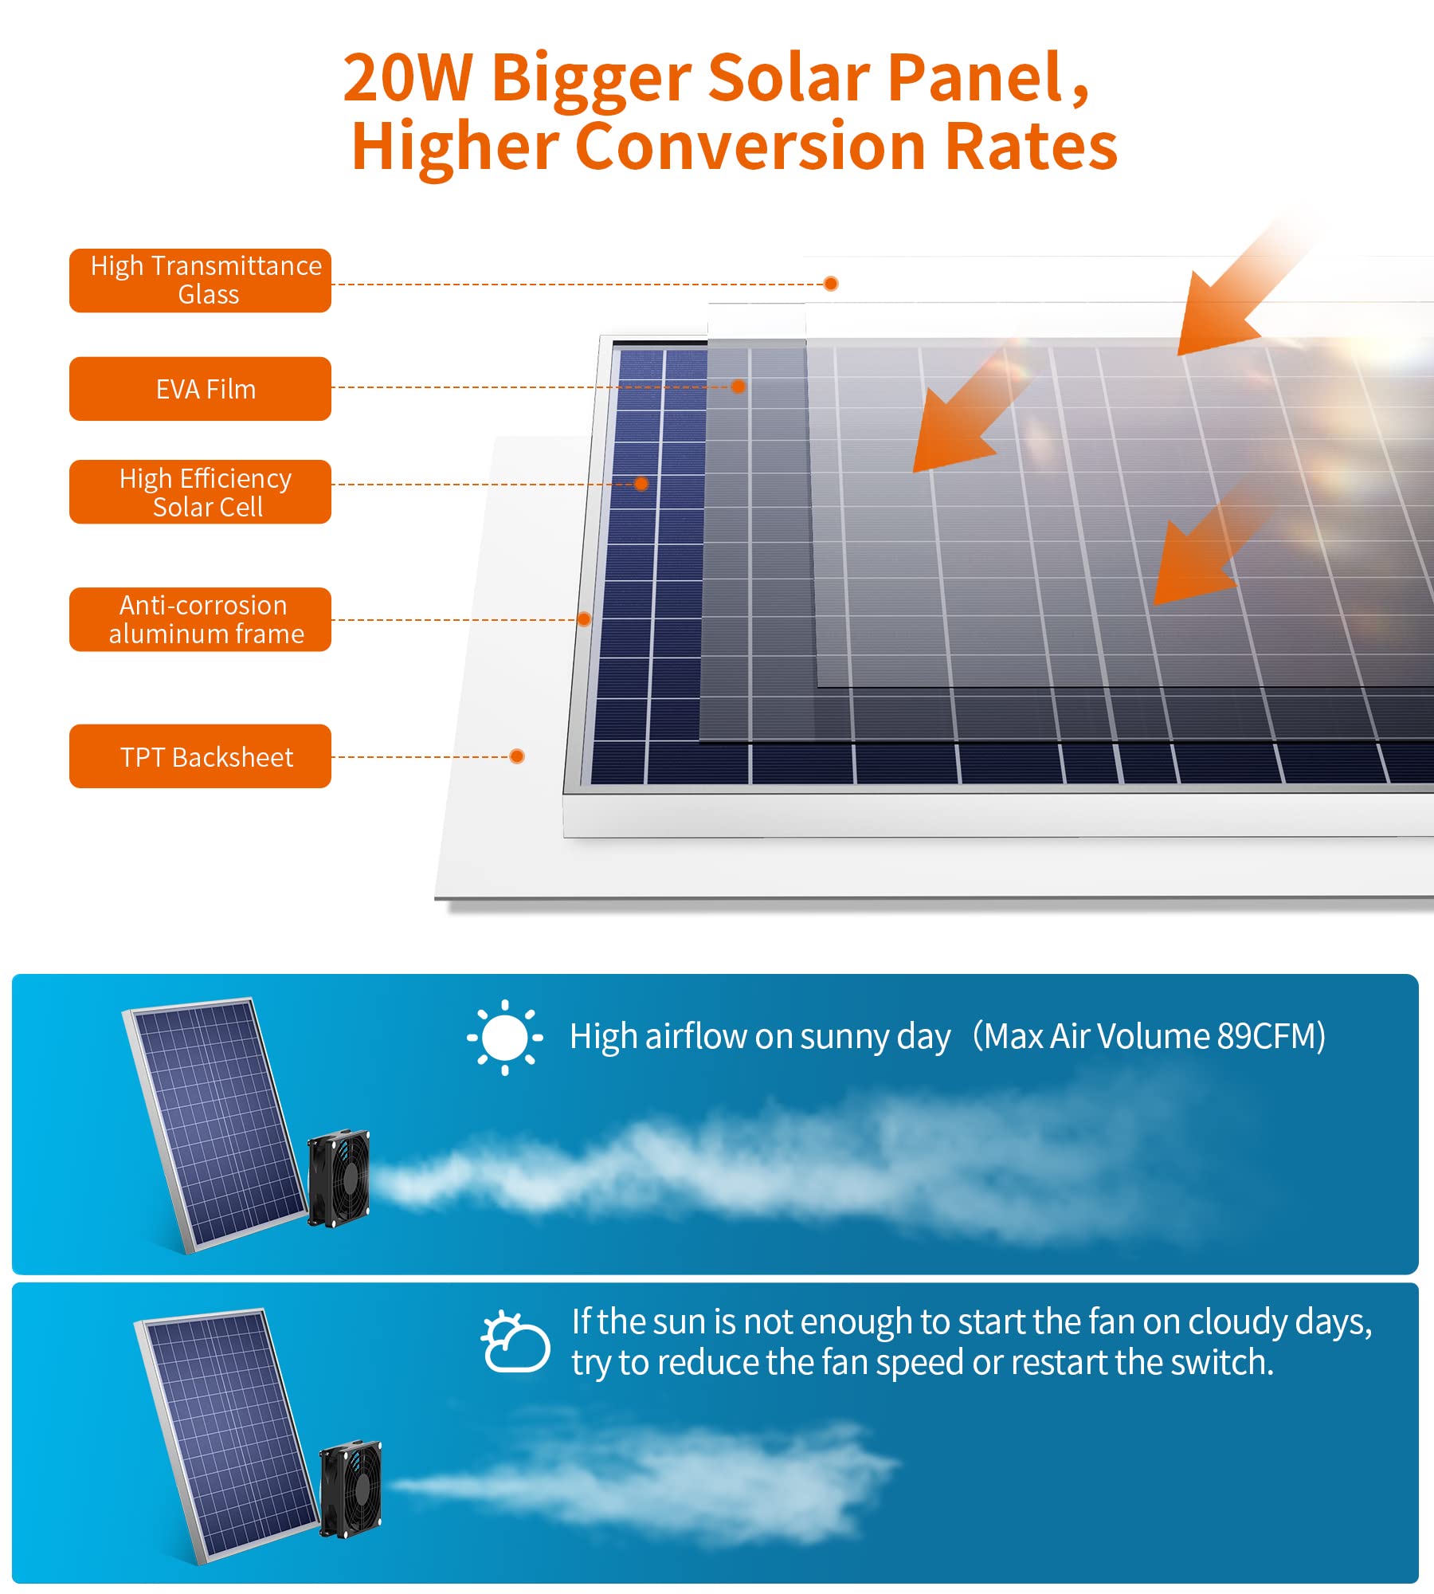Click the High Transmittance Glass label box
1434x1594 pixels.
coord(200,281)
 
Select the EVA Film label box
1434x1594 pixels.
coord(200,389)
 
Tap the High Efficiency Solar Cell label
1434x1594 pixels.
coord(200,492)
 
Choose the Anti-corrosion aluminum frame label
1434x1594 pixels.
coord(200,619)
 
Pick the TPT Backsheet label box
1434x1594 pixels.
coord(200,756)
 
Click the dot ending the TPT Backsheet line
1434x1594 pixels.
coord(517,756)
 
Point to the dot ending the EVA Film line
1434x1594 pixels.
coord(739,387)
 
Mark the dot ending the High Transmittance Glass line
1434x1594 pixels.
coord(831,284)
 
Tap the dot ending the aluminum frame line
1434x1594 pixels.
coord(584,619)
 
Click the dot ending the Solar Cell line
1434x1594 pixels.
coord(641,484)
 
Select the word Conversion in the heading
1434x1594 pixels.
coord(750,147)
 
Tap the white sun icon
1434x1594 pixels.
coord(505,1037)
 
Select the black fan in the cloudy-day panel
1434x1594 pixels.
coord(351,1489)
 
